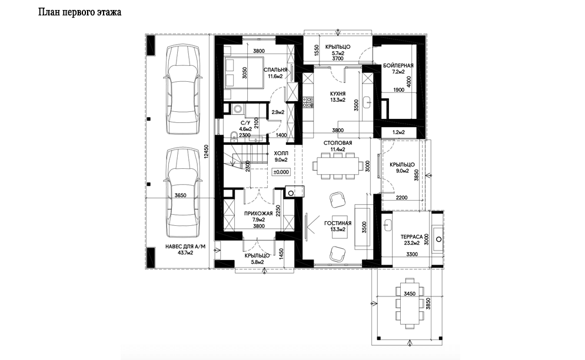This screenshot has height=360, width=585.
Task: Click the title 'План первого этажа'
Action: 80,12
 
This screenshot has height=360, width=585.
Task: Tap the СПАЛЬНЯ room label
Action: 275,70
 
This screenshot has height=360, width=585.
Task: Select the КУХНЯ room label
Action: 338,94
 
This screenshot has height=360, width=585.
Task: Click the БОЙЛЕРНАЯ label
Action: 398,66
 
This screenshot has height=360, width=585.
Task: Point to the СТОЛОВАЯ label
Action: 338,143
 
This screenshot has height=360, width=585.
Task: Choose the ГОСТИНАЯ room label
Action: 338,224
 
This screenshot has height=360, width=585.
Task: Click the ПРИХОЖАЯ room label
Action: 258,214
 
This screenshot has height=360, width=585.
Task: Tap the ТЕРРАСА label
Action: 411,237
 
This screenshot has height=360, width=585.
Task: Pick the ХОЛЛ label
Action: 281,154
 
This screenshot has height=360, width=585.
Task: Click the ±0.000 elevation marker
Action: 281,172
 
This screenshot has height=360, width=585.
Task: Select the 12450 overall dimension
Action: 207,152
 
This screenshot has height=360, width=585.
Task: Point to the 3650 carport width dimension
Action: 180,195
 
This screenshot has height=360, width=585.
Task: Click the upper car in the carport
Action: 183,89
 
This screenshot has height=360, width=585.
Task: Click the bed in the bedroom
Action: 244,73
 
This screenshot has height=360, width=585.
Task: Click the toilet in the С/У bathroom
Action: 234,136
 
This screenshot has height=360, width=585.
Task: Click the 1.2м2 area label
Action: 398,132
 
